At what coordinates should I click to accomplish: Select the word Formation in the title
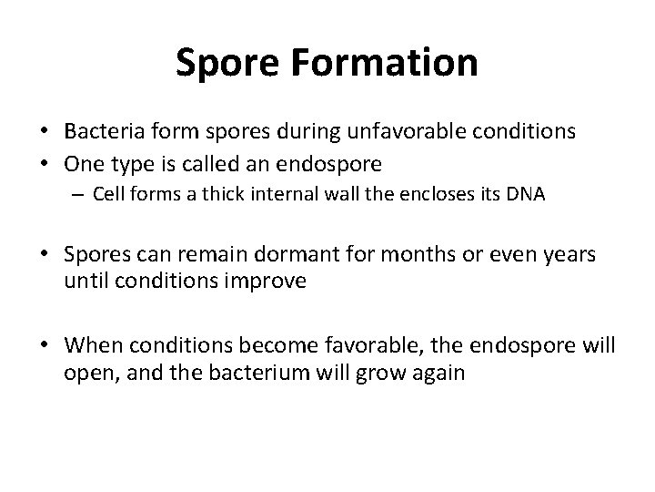pyautogui.click(x=386, y=63)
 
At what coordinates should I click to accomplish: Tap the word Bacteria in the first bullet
pyautogui.click(x=102, y=131)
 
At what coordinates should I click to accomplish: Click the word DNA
pyautogui.click(x=527, y=196)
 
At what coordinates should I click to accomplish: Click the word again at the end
pyautogui.click(x=438, y=374)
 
